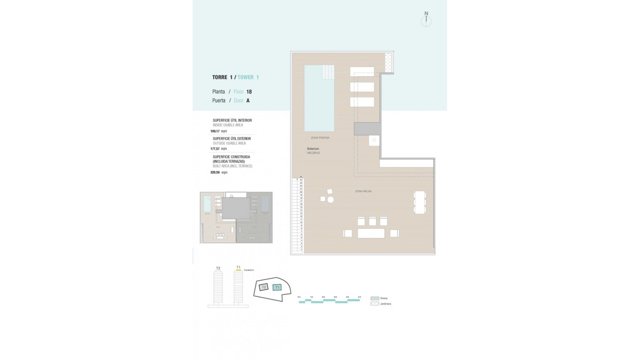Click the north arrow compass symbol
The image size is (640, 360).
tap(426, 20)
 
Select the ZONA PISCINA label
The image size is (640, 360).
tap(320, 138)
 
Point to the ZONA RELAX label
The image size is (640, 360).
tap(363, 191)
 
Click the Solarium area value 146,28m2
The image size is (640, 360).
tap(313, 153)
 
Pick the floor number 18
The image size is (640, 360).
tap(249, 92)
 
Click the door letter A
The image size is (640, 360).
tap(248, 100)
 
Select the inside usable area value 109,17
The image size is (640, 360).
tap(215, 131)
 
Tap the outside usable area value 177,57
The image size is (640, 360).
tap(215, 149)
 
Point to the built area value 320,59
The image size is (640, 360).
tap(215, 172)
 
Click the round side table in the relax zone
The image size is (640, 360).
tap(331, 200)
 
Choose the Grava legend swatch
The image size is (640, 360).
tap(375, 298)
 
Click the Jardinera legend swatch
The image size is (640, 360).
tap(375, 304)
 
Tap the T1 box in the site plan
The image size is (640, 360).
tap(277, 287)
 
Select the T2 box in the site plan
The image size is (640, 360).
tap(264, 287)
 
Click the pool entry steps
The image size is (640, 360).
tap(328, 72)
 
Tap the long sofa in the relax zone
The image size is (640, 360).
tap(371, 233)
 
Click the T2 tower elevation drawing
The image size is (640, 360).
tap(218, 287)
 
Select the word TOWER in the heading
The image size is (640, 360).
tap(246, 77)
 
